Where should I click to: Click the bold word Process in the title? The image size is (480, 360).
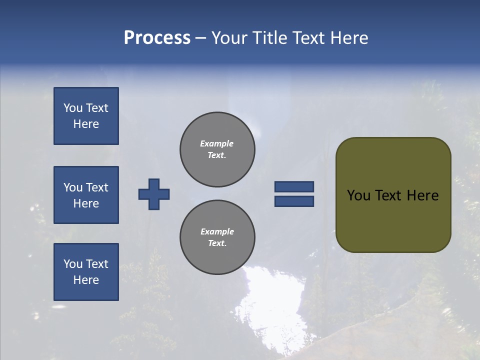(x=157, y=38)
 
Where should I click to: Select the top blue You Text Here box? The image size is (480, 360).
(x=86, y=116)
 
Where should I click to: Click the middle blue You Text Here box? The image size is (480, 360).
(x=86, y=195)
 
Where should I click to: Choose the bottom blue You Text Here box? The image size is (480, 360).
(x=86, y=272)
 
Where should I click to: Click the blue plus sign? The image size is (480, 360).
(x=154, y=194)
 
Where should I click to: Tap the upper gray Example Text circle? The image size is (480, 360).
(x=217, y=149)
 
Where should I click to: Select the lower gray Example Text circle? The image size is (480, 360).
(x=217, y=237)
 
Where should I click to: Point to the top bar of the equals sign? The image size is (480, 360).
(x=294, y=187)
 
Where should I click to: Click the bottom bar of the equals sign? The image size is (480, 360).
(x=294, y=201)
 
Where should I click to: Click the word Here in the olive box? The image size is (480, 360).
(x=422, y=195)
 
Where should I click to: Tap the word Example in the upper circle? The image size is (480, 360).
(x=216, y=144)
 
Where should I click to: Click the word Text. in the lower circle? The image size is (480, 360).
(x=217, y=243)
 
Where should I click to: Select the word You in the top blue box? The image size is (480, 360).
(x=72, y=108)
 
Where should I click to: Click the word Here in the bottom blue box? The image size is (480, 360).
(x=86, y=280)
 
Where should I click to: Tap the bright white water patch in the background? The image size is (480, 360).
(x=270, y=300)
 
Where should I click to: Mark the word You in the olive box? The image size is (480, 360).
(x=358, y=195)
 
